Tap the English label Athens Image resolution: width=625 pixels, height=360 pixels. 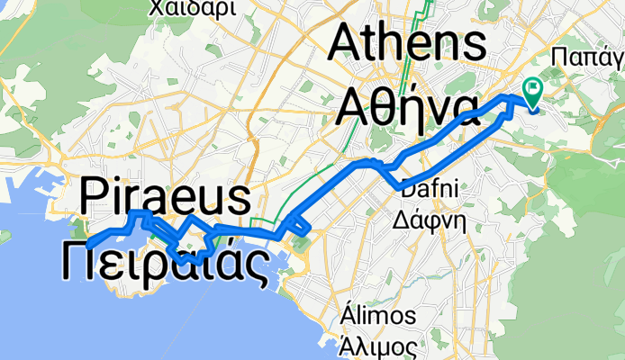pyautogui.click(x=411, y=42)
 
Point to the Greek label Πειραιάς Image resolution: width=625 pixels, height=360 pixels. pyautogui.click(x=167, y=261)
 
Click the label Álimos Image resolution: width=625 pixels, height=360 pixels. pyautogui.click(x=378, y=316)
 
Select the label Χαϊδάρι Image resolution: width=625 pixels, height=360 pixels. pyautogui.click(x=195, y=9)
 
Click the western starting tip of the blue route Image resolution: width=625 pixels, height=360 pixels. pyautogui.click(x=88, y=244)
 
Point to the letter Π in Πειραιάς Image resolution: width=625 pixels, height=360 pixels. pyautogui.click(x=85, y=261)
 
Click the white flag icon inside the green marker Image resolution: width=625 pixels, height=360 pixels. pyautogui.click(x=531, y=89)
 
